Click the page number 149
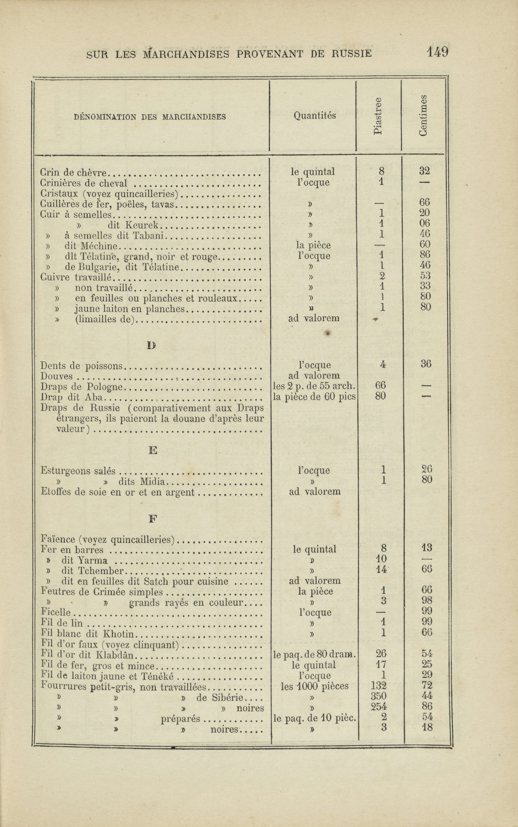[437, 52]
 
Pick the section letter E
[153, 451]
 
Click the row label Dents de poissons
[81, 366]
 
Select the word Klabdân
[117, 655]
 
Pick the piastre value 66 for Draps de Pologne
[380, 386]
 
